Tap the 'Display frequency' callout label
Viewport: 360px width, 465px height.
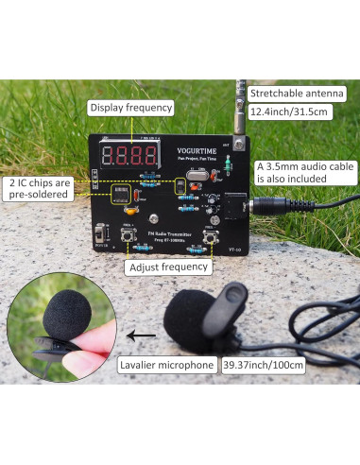pos(130,108)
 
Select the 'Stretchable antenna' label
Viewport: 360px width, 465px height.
pos(299,95)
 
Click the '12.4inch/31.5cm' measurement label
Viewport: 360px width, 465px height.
pos(288,112)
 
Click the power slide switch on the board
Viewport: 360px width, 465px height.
pos(101,232)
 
